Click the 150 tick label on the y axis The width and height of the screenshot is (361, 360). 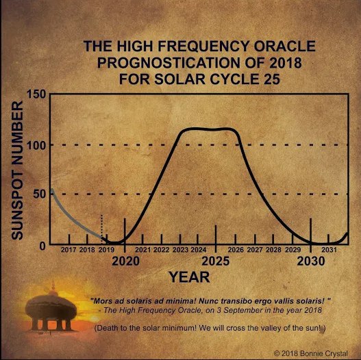point(36,94)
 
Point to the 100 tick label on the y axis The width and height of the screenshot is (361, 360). point(36,145)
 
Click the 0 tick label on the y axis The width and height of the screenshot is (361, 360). point(42,246)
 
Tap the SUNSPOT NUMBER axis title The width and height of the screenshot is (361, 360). point(17,170)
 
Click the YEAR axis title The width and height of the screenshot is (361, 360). point(189,277)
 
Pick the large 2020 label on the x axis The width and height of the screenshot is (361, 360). point(126,261)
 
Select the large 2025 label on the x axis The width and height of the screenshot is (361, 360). point(216,261)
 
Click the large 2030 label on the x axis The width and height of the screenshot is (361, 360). point(311,261)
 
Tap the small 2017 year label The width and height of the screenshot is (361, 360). point(69,250)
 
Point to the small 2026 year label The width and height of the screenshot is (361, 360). point(236,250)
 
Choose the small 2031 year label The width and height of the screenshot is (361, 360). point(329,250)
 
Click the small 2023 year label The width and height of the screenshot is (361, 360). point(180,250)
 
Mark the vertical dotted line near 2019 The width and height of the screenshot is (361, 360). point(101,229)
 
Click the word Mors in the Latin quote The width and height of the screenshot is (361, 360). point(101,301)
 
